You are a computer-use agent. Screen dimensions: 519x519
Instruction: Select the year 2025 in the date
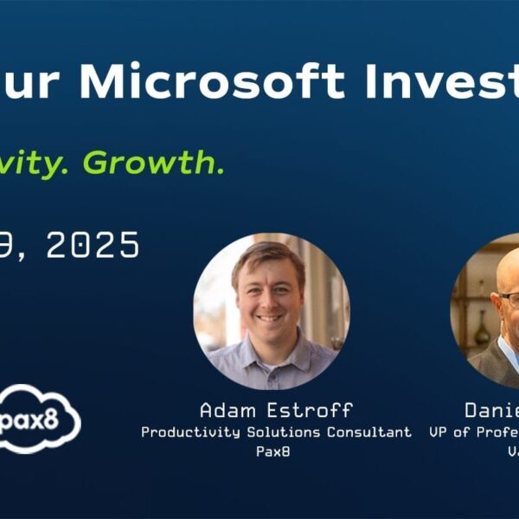click(93, 246)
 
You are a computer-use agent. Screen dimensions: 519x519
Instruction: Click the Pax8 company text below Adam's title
click(275, 452)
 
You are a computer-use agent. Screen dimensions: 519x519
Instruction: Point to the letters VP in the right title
click(439, 432)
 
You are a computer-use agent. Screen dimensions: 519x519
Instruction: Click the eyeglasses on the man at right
click(510, 299)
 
